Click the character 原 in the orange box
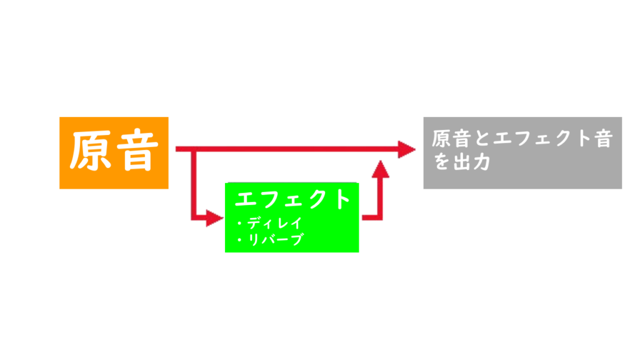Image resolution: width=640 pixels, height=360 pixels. click(x=91, y=152)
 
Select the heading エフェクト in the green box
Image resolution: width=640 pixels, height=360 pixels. click(x=292, y=199)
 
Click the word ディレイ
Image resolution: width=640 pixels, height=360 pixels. click(x=274, y=223)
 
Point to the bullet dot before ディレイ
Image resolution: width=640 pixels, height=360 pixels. click(x=239, y=223)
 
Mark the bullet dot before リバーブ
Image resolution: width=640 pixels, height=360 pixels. click(x=239, y=240)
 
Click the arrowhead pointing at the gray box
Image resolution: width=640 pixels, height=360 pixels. click(x=407, y=149)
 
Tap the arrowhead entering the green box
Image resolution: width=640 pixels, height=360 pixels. click(x=215, y=218)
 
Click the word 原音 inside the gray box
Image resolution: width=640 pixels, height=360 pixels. click(x=450, y=138)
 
